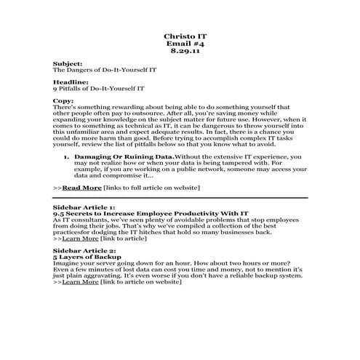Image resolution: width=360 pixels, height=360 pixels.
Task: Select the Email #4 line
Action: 180,44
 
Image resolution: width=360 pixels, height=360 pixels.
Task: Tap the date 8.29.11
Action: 180,52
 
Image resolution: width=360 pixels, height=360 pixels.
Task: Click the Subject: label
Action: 68,63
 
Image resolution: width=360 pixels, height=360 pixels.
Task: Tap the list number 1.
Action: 65,156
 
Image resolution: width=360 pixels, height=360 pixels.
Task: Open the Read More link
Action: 81,187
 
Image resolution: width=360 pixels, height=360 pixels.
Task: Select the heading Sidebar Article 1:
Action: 84,207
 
